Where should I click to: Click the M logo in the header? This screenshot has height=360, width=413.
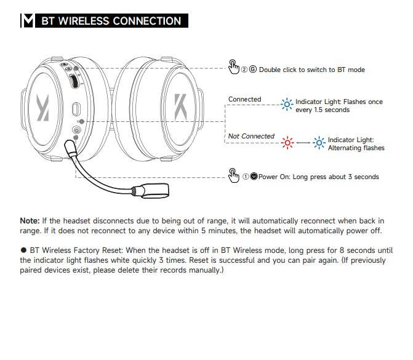tap(28, 20)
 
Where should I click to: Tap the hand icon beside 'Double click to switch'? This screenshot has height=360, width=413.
tap(233, 66)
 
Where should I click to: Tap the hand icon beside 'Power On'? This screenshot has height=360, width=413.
tap(233, 175)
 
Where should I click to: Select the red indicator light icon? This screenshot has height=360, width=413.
tap(287, 143)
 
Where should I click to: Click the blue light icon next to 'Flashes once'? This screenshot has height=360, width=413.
tap(287, 105)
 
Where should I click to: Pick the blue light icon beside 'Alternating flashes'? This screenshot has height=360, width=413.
tap(319, 143)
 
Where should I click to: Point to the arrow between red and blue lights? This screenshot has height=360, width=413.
tap(303, 143)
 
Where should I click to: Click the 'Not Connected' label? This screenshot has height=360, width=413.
tap(251, 136)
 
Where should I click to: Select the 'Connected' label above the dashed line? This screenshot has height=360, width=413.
tap(244, 99)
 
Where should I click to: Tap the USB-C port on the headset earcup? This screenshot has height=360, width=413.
tap(76, 109)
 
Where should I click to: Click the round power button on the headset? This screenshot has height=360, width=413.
tap(76, 130)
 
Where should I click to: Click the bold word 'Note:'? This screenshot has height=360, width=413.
tap(30, 220)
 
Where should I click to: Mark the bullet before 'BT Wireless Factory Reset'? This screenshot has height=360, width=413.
tap(23, 250)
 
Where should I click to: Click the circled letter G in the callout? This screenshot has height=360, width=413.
tap(252, 70)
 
